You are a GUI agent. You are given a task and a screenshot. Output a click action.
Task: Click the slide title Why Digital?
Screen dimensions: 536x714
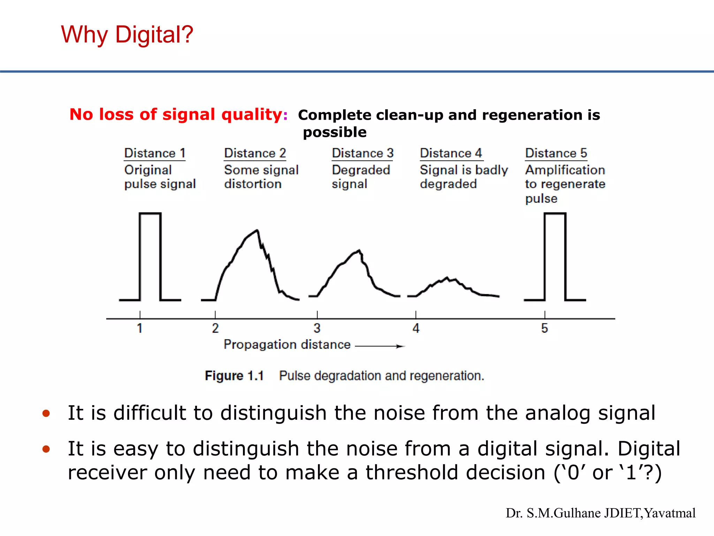127,35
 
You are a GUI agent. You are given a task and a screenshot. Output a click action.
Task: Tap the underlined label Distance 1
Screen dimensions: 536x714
155,153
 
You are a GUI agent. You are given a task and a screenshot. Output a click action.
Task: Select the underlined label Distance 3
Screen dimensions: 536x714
363,153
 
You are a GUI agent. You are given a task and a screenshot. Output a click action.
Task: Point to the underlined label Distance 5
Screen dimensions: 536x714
556,153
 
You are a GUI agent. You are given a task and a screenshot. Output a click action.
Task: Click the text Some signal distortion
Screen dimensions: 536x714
261,177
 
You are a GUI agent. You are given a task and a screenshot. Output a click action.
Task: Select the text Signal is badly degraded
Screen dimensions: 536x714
464,177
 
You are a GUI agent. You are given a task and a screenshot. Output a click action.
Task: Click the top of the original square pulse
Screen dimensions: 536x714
150,214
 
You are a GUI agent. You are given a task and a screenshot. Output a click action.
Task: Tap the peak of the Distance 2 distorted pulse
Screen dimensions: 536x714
257,230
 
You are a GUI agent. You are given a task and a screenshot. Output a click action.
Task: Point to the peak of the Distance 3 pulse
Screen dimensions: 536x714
359,250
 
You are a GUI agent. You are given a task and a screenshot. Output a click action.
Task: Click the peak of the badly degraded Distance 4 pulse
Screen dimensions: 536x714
447,278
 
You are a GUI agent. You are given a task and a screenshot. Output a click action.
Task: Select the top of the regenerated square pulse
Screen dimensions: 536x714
555,214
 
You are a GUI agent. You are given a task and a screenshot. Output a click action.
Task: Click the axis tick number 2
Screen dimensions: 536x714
215,328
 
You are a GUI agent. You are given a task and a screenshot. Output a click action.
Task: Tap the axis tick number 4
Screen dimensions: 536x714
416,328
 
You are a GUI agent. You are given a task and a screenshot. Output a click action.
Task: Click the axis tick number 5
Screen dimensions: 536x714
545,328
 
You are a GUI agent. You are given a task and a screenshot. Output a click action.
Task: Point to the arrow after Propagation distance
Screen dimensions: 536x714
380,346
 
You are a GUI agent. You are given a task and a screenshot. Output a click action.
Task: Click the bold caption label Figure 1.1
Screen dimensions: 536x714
234,376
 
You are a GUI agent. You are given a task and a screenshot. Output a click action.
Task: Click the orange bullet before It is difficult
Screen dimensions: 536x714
46,414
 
